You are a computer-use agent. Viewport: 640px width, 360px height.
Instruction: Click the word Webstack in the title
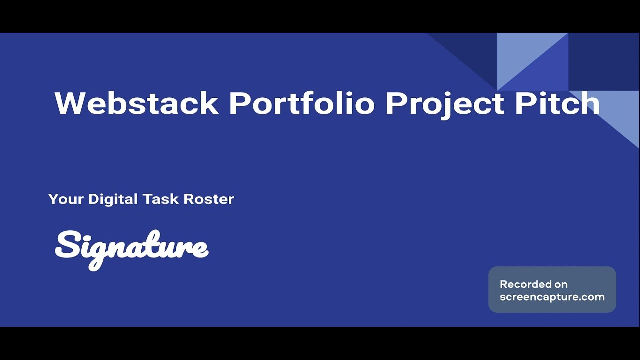coord(136,103)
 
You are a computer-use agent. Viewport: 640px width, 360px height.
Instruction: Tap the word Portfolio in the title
coord(302,103)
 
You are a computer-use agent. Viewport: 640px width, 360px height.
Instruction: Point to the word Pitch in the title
coord(557,103)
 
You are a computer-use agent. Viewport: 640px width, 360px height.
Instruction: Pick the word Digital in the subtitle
coord(113,199)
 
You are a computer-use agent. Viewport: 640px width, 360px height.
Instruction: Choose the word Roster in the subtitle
coord(209,199)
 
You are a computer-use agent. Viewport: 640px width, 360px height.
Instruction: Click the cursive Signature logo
coord(131,248)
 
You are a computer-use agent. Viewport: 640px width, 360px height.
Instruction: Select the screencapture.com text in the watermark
coord(552,297)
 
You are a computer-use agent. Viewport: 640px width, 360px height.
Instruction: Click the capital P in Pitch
coord(525,103)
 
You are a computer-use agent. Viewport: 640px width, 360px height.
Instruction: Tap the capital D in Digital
coord(94,199)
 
